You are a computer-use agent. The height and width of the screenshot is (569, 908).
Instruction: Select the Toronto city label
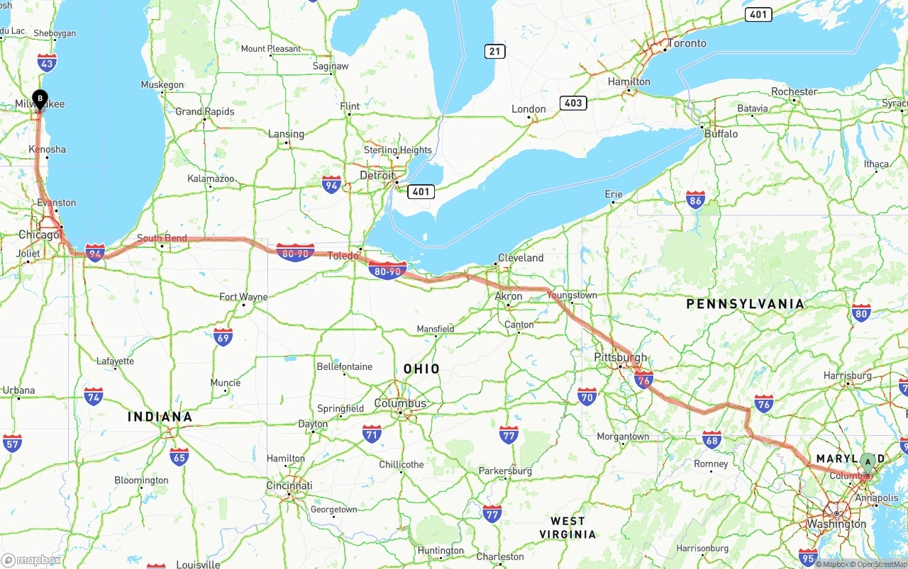(687, 43)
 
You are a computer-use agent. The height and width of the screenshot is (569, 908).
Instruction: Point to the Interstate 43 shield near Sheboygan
(47, 62)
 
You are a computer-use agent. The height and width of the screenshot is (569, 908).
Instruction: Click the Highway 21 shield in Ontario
(495, 51)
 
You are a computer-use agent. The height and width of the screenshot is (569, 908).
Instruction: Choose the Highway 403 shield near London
(572, 103)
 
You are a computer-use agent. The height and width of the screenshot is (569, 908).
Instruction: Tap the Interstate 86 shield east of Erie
(695, 201)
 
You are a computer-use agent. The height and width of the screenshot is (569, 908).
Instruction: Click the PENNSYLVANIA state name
(745, 304)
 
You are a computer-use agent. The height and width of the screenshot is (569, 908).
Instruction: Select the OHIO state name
(421, 368)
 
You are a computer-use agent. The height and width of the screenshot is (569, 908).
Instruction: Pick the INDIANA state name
(160, 417)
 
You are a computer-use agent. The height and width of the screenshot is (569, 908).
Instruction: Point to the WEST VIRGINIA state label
(567, 528)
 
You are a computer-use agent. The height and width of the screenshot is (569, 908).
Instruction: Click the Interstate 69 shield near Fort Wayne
(223, 337)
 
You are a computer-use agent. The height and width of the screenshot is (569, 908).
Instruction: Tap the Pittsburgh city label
(621, 357)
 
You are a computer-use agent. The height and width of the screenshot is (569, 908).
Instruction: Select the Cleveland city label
(521, 258)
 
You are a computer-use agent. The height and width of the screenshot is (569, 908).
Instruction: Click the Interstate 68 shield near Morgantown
(712, 439)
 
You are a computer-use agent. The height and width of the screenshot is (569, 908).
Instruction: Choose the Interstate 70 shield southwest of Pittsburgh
(587, 396)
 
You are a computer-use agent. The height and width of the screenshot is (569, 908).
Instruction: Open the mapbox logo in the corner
(31, 560)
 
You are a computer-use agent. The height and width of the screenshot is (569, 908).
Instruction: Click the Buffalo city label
(721, 133)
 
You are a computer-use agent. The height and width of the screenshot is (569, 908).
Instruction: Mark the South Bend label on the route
(162, 238)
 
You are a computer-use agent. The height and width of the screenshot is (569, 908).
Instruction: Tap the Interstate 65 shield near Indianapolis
(179, 456)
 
